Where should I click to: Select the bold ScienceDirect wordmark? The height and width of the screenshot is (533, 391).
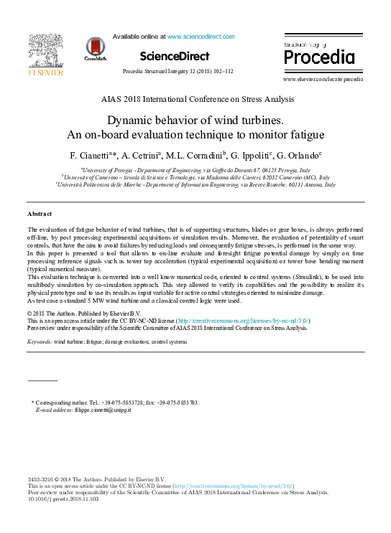pos(175,56)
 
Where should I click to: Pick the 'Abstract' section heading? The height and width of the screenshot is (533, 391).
pos(40,214)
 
